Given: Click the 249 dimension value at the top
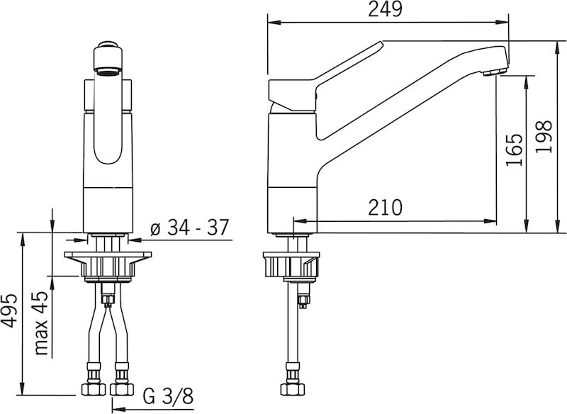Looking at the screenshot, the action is click(385, 9).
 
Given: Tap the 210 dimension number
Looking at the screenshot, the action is click(385, 208).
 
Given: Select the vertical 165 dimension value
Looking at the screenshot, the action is click(515, 150).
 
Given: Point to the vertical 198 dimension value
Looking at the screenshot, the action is click(544, 136).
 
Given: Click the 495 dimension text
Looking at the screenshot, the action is click(9, 310).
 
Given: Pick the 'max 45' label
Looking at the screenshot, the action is click(41, 323).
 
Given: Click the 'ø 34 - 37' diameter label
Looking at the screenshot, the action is click(189, 228).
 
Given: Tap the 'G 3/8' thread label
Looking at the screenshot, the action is click(169, 396).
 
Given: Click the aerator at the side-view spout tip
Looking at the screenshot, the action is click(494, 73).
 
